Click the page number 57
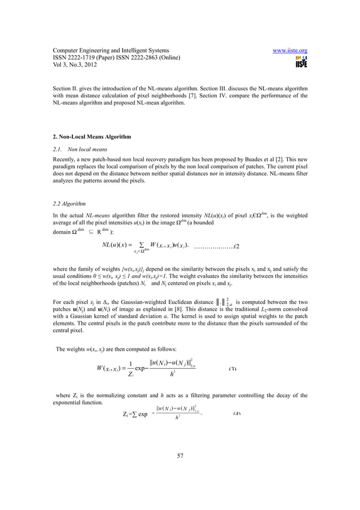point(180,456)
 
